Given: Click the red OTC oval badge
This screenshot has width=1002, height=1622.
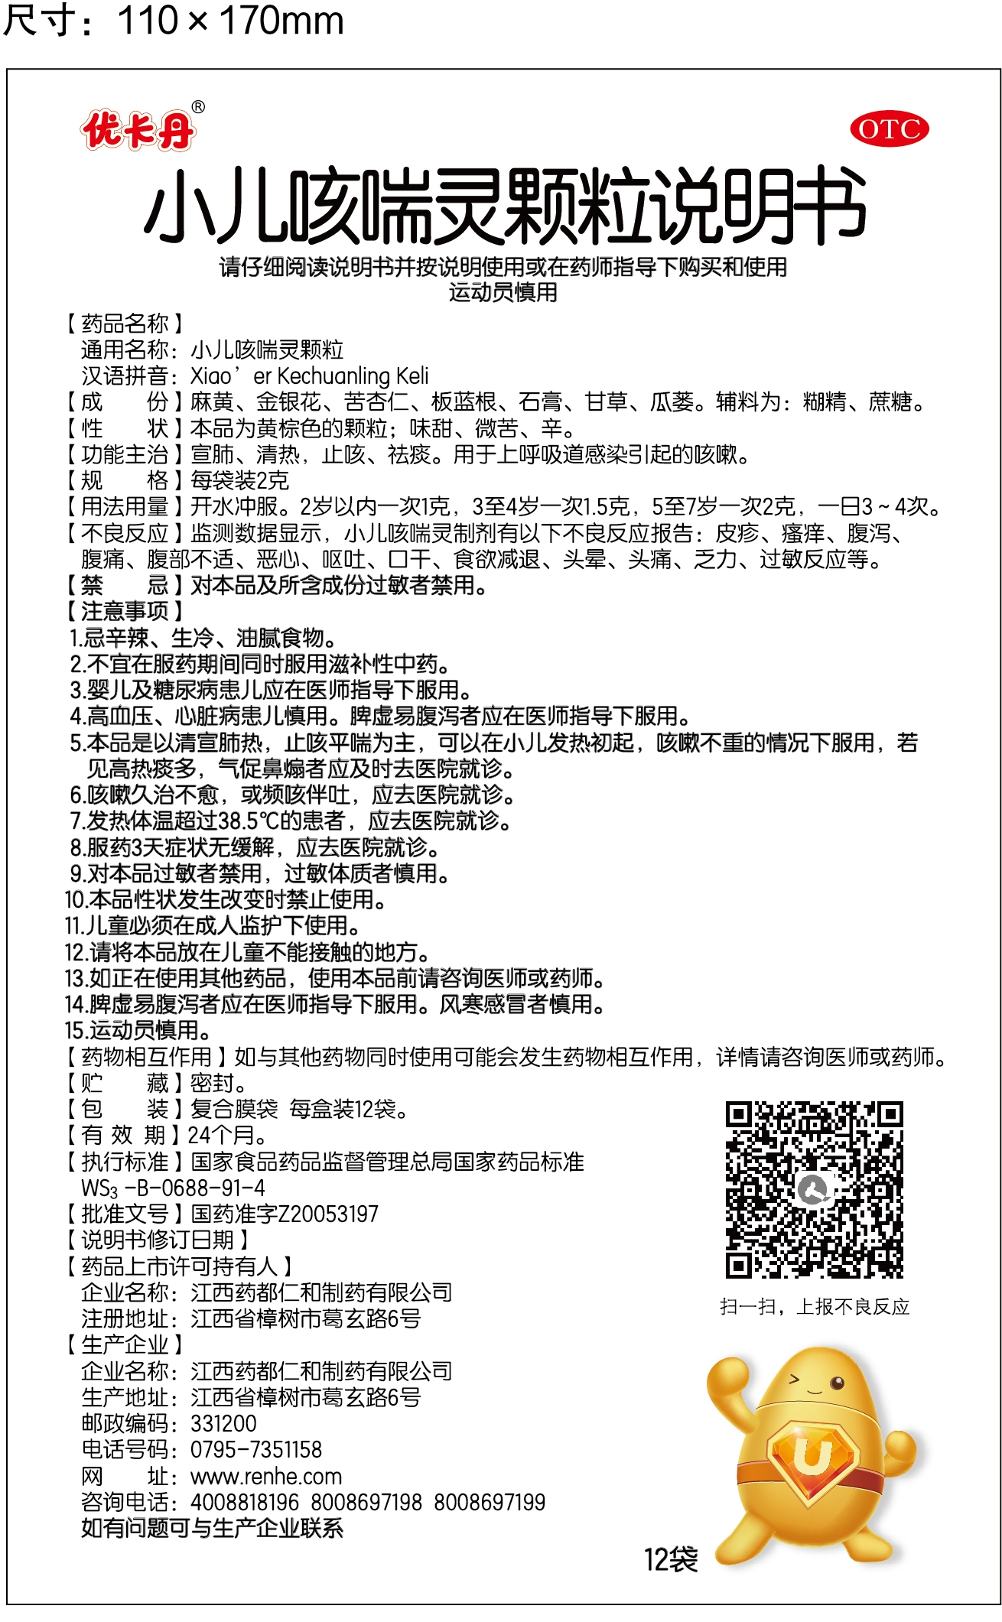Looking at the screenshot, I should click(x=889, y=129).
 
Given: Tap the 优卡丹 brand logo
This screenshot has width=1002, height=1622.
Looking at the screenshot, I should click(x=138, y=130).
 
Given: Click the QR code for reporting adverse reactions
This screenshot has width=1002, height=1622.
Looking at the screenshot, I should click(x=814, y=1190).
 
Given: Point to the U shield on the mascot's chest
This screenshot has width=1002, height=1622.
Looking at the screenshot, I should click(x=812, y=1458).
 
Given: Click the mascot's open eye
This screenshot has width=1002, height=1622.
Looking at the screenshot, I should click(x=837, y=1382).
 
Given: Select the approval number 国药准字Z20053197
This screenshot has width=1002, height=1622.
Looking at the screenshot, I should click(x=285, y=1214).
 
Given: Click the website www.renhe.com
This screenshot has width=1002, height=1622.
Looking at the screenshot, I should click(x=265, y=1476).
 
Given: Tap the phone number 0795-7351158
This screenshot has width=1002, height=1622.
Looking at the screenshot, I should click(x=255, y=1450).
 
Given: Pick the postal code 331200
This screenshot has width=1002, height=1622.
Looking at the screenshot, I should click(x=223, y=1424).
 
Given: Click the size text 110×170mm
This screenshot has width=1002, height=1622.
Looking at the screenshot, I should click(x=229, y=21).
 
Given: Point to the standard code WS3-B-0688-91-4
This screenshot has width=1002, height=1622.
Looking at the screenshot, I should click(x=173, y=1188).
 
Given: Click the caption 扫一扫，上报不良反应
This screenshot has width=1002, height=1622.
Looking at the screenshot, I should click(x=815, y=1307).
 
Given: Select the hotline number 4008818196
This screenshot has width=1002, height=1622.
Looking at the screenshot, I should click(x=245, y=1502).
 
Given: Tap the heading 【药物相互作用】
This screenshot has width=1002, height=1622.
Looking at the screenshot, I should click(x=145, y=1057).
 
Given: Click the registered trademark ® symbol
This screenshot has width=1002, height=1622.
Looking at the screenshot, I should click(x=198, y=107).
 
